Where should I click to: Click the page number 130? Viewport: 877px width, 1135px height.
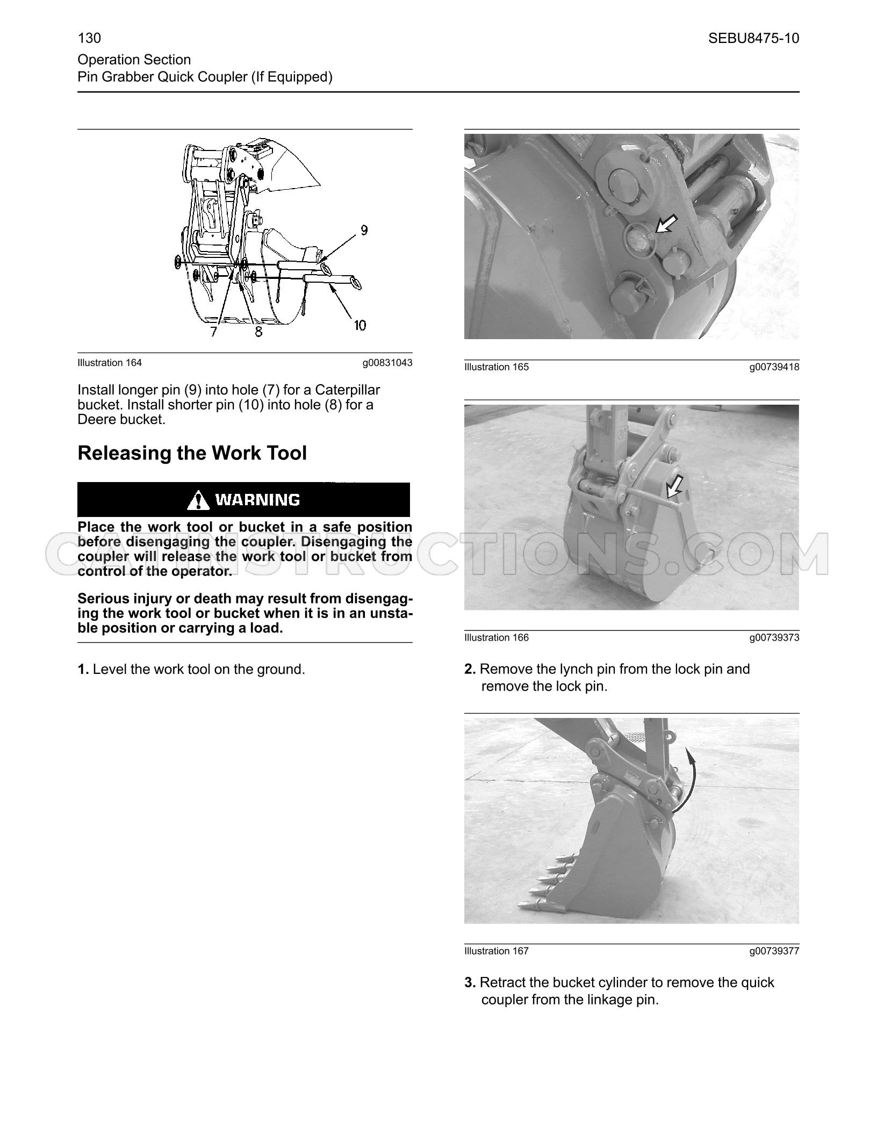(89, 38)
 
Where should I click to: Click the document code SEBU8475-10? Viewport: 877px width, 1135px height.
(753, 38)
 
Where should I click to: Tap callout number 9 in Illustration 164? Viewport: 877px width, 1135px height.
(364, 230)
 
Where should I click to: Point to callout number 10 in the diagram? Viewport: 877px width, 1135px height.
(360, 325)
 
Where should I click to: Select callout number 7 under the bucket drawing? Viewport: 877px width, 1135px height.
(214, 332)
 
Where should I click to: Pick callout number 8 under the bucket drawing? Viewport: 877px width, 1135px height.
(258, 332)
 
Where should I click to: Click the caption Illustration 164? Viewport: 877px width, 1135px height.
(110, 363)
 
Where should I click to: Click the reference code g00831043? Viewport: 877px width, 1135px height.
(387, 363)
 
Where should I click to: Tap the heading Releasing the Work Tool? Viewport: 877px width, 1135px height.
(192, 452)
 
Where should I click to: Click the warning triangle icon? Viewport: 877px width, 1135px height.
(198, 500)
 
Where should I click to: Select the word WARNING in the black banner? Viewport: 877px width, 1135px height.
(257, 500)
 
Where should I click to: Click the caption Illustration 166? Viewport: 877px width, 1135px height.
(497, 637)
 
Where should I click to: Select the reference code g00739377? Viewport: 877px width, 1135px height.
(774, 951)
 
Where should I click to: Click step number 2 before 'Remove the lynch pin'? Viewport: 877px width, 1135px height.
(470, 669)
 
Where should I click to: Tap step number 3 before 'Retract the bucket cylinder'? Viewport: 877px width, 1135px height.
(470, 982)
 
